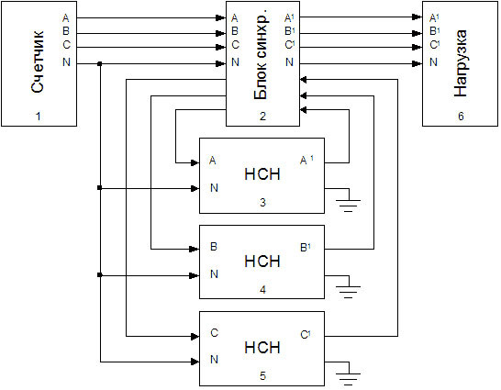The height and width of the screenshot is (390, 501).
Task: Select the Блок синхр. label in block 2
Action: (261, 62)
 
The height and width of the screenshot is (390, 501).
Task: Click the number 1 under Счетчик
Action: (39, 117)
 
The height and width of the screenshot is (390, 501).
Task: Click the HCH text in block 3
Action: (262, 174)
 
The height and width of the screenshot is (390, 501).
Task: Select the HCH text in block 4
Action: (262, 261)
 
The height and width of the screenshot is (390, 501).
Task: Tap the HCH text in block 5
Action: (262, 348)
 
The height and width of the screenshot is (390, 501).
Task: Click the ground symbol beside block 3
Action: (350, 200)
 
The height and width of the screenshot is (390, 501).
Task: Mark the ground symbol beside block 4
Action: (350, 286)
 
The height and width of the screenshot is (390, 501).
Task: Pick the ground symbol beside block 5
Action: (350, 373)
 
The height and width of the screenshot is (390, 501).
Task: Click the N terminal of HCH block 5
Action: (214, 360)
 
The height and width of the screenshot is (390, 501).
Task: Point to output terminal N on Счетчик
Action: (65, 62)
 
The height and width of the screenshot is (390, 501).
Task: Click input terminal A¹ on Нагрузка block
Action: (433, 17)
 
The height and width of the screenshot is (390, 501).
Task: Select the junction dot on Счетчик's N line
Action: (99, 63)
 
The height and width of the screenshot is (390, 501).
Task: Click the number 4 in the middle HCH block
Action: (262, 291)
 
